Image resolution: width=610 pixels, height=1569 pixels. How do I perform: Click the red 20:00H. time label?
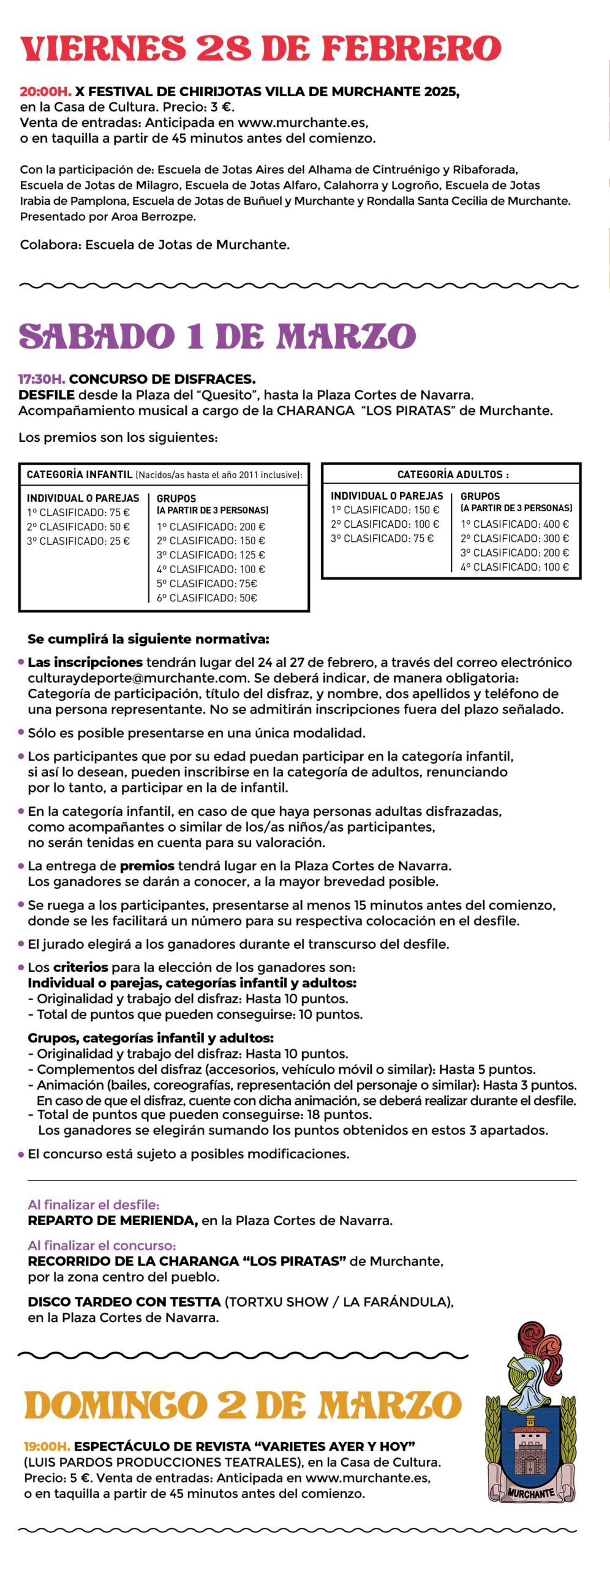(45, 92)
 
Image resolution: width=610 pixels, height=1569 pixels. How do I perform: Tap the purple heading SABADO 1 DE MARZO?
(217, 336)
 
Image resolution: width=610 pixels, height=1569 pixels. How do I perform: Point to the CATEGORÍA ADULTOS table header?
(452, 474)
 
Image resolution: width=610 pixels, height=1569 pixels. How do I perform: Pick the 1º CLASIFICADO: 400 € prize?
(514, 524)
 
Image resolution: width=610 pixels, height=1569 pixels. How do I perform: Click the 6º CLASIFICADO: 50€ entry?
(207, 598)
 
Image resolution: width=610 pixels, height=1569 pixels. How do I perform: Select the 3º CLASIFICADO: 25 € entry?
(78, 541)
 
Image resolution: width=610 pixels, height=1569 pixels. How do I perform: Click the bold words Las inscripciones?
(85, 663)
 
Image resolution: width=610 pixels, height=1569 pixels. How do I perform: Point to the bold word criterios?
(81, 967)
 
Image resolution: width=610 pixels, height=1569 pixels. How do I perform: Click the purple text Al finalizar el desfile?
(94, 1205)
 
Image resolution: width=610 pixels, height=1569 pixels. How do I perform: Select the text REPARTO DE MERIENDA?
(113, 1221)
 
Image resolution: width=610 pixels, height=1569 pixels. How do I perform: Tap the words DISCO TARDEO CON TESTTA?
(124, 1302)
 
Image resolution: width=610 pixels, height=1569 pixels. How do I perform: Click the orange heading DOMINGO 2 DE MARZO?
(243, 1405)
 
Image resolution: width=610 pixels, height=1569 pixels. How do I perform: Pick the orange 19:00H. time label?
(47, 1446)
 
